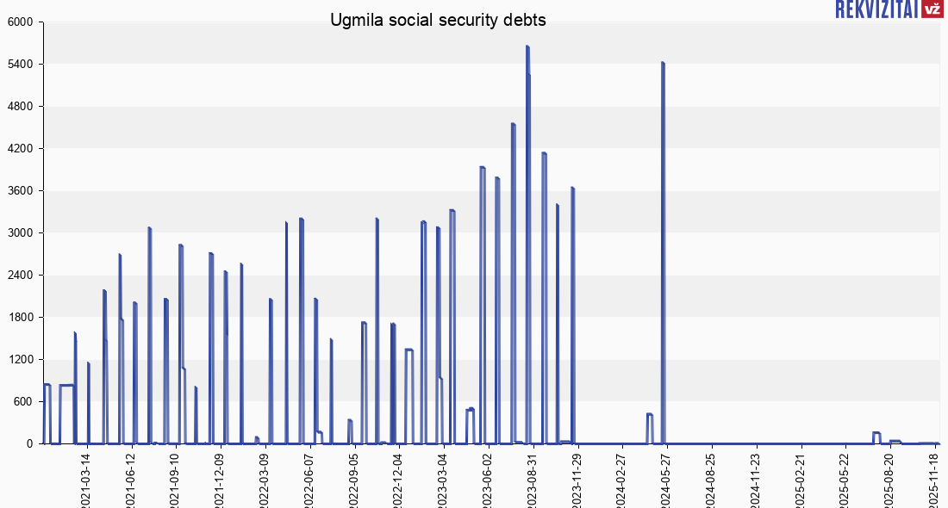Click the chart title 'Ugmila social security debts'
click(438, 20)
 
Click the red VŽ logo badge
click(932, 9)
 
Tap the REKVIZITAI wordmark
click(876, 9)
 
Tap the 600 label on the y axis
click(22, 402)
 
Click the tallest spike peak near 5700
click(527, 46)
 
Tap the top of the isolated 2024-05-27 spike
click(663, 63)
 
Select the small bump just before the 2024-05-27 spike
click(650, 414)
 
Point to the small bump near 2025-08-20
click(876, 433)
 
